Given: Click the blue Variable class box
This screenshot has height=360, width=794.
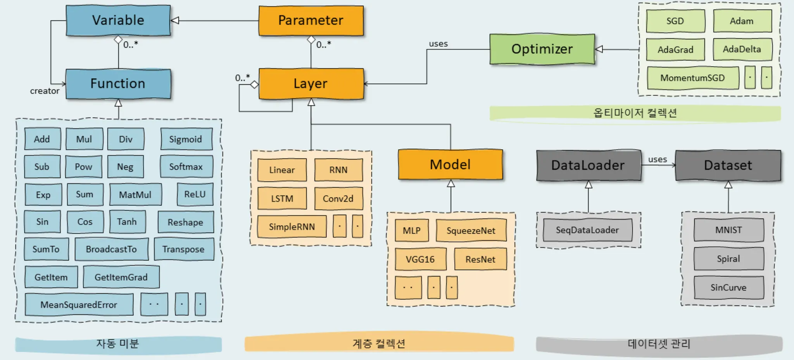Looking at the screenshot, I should tap(118, 21).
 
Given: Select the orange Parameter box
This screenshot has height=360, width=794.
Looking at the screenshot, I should tap(311, 21).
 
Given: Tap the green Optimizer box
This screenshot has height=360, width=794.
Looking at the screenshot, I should tap(542, 49).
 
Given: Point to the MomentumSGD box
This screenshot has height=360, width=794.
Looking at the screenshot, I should tap(692, 78).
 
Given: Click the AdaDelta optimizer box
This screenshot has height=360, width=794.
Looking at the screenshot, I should tap(742, 49).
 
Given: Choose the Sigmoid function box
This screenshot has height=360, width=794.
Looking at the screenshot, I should tap(186, 139).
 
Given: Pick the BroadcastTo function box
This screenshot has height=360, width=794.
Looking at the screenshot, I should tap(111, 249).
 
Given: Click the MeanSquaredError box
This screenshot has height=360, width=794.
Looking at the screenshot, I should tap(79, 305).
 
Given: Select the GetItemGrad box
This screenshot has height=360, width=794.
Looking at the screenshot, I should tap(121, 277).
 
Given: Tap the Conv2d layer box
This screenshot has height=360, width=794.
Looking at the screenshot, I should tap(338, 198).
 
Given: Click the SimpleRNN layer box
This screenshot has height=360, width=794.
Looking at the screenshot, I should tap(292, 227).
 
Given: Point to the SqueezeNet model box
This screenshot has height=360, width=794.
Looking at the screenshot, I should tap(471, 231).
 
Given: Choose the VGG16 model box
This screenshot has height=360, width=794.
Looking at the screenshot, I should tap(420, 259).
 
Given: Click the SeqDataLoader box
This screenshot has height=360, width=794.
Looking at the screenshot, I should tap(587, 230).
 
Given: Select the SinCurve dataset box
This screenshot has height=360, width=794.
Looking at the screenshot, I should tap(728, 288).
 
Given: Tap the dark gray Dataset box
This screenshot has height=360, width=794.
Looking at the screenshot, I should tap(728, 165).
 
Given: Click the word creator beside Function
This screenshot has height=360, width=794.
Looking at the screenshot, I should tap(45, 91).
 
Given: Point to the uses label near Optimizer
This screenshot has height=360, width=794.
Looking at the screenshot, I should tap(438, 44).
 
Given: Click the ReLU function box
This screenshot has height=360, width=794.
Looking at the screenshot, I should tap(195, 195).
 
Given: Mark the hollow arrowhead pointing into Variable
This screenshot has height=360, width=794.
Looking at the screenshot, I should tap(175, 21).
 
